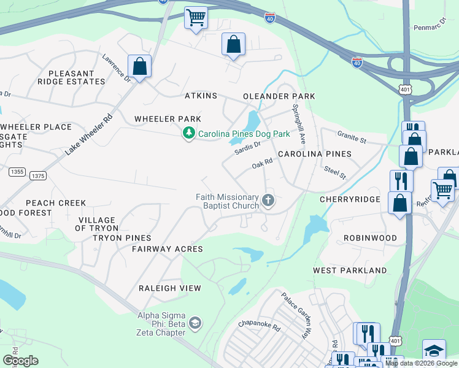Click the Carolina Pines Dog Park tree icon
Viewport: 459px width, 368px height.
pos(189,132)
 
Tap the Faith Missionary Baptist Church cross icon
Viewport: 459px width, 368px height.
pos(268,200)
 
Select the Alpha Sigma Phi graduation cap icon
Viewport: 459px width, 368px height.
pos(195,323)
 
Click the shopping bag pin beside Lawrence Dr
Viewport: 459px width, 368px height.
pos(139,67)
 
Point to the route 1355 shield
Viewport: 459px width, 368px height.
pos(17,172)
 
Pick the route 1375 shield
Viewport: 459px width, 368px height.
pos(37,176)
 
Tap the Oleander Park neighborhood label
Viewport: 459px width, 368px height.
pos(279,96)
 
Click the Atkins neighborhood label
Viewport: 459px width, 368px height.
pos(201,96)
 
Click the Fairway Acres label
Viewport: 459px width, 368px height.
pos(168,249)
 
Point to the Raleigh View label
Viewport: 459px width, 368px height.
pos(169,288)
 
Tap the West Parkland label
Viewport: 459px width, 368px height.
pos(350,270)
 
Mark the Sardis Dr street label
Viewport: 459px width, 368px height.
pos(248,148)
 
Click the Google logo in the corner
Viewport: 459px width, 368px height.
pos(20,361)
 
